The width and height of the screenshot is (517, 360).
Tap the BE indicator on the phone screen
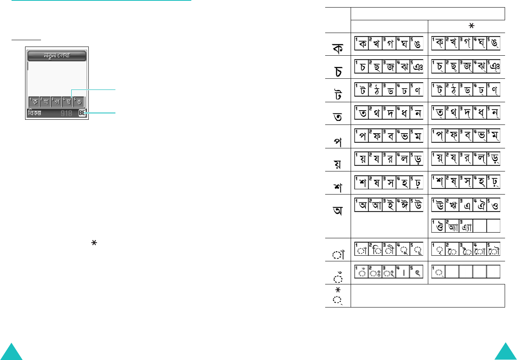click(x=82, y=113)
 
